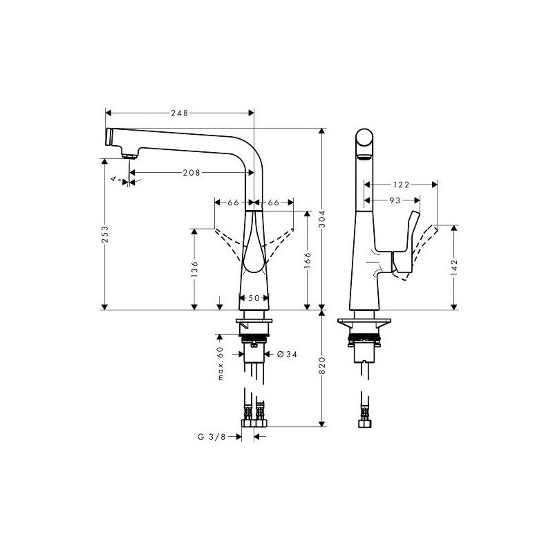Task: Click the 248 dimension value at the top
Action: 180,113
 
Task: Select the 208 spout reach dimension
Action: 191,172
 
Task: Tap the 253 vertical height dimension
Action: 105,234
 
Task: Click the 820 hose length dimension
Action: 322,366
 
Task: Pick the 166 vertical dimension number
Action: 308,260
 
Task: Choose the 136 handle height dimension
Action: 194,269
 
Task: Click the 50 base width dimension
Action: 254,298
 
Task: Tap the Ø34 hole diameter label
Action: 288,354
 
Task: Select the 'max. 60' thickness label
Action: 221,364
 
